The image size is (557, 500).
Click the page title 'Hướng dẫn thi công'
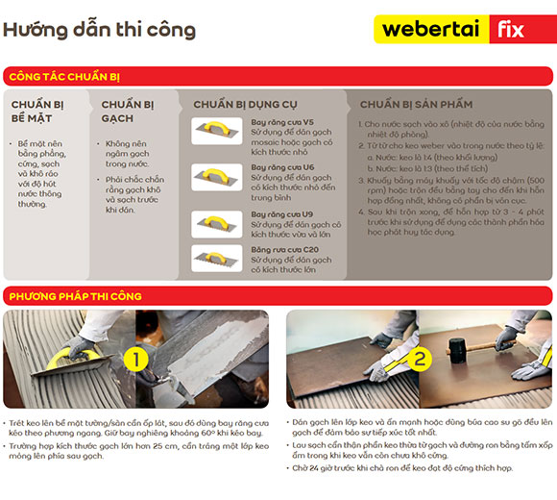[99, 29]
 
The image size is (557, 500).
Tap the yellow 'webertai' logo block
[429, 28]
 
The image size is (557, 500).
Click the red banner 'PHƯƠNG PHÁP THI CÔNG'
[75, 296]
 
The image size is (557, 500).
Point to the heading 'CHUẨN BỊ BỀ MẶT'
[38, 111]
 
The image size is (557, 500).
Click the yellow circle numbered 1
[136, 361]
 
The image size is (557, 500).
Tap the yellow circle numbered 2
[420, 361]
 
